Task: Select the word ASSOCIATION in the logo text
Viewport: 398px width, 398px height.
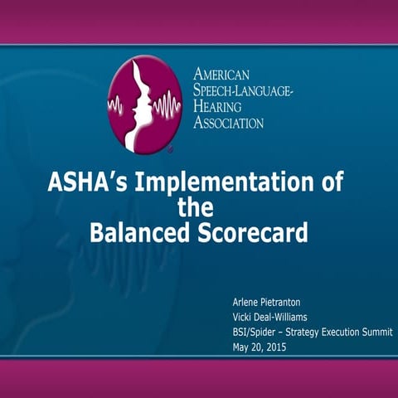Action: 229,123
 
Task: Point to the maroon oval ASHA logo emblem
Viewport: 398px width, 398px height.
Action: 146,103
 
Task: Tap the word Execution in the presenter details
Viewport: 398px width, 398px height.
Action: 337,331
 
